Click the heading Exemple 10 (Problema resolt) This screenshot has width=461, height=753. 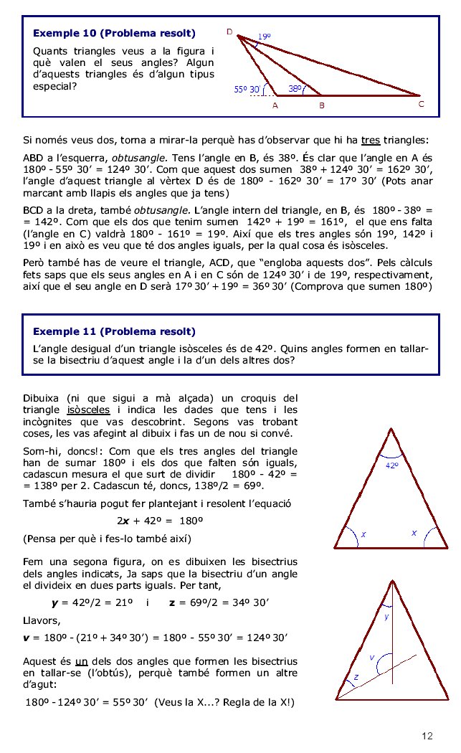coord(114,33)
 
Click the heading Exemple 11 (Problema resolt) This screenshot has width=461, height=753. coord(114,331)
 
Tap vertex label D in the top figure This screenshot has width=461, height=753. coord(229,32)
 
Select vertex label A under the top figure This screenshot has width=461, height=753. coord(275,105)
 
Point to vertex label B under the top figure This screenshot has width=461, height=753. coord(322,105)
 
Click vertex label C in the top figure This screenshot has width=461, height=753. coord(422,104)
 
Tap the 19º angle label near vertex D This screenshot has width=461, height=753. coord(265,36)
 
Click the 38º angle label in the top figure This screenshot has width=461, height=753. coord(295,89)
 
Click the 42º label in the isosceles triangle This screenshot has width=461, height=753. coord(391,465)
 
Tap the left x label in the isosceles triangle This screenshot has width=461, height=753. coord(363,535)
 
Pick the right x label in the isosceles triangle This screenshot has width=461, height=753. coord(414,533)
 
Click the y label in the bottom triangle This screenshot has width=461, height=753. coord(386,615)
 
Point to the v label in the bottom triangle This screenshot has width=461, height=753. coord(371,657)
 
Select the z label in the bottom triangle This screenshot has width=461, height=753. coord(355,677)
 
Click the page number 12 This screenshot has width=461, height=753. coord(428,736)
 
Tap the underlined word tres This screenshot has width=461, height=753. coord(370,139)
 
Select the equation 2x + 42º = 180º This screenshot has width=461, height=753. coord(160,521)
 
